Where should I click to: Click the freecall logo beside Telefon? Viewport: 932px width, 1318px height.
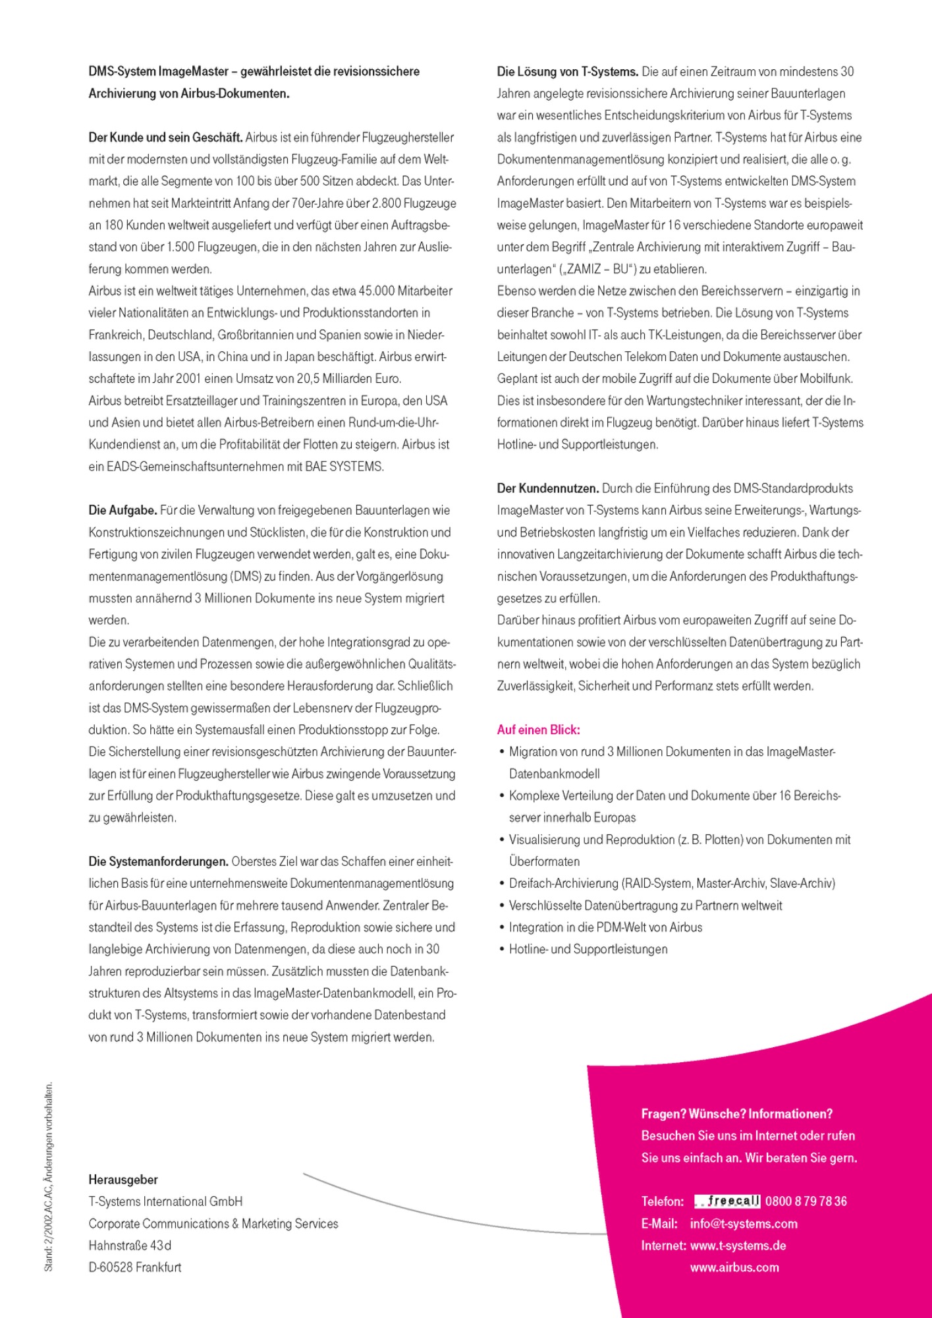(x=727, y=1201)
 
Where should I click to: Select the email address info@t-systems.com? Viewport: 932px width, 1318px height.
(x=744, y=1224)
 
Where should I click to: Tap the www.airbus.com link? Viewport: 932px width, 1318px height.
(x=734, y=1267)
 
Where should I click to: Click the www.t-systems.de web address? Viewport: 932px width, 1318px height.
(x=738, y=1246)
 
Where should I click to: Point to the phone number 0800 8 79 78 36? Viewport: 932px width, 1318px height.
(x=806, y=1201)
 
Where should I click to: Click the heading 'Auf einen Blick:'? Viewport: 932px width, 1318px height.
(x=538, y=730)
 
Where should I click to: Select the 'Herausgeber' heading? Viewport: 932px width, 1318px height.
(x=123, y=1180)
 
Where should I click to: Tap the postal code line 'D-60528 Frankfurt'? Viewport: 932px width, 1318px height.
(x=135, y=1267)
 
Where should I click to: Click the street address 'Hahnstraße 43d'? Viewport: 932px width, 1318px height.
(x=130, y=1246)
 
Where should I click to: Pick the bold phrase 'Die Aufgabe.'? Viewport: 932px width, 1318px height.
(x=123, y=510)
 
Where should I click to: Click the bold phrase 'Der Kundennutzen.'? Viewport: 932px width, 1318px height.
(x=547, y=488)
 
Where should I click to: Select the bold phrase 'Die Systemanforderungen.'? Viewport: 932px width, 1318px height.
(x=158, y=861)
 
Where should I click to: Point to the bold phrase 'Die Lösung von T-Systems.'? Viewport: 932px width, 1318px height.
(x=567, y=71)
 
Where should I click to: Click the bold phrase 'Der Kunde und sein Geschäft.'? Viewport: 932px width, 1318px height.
(x=165, y=137)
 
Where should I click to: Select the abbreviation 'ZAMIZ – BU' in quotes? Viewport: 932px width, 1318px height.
(x=599, y=269)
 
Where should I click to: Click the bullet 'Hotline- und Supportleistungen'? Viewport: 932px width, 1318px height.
(x=588, y=949)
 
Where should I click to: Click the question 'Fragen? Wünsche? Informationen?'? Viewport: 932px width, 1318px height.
(x=736, y=1114)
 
